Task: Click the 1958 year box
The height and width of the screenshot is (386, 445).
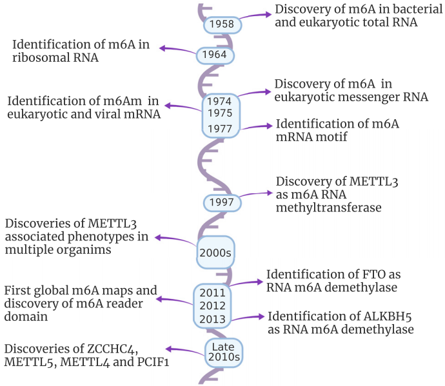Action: pos(222,25)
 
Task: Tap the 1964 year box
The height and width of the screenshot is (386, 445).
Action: pos(215,55)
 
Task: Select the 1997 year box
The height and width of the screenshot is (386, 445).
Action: pos(222,203)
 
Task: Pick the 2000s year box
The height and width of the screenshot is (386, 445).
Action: pos(215,253)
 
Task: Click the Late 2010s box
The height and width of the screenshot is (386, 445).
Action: pos(224,352)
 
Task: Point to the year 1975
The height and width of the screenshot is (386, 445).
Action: pos(220,113)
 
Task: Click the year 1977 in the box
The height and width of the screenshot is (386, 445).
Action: pos(220,129)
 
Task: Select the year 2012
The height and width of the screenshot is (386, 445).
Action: pos(213,305)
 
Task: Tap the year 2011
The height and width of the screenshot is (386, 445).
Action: pos(213,293)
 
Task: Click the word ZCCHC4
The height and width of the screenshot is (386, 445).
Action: pos(113,349)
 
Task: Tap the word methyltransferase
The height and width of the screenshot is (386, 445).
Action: pos(329,207)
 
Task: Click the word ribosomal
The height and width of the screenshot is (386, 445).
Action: pos(41,57)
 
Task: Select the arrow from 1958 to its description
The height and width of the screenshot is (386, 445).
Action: pos(255,15)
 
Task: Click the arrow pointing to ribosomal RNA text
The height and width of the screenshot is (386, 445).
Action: pos(178,50)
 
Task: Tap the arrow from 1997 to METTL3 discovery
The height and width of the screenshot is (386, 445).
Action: pos(255,194)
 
